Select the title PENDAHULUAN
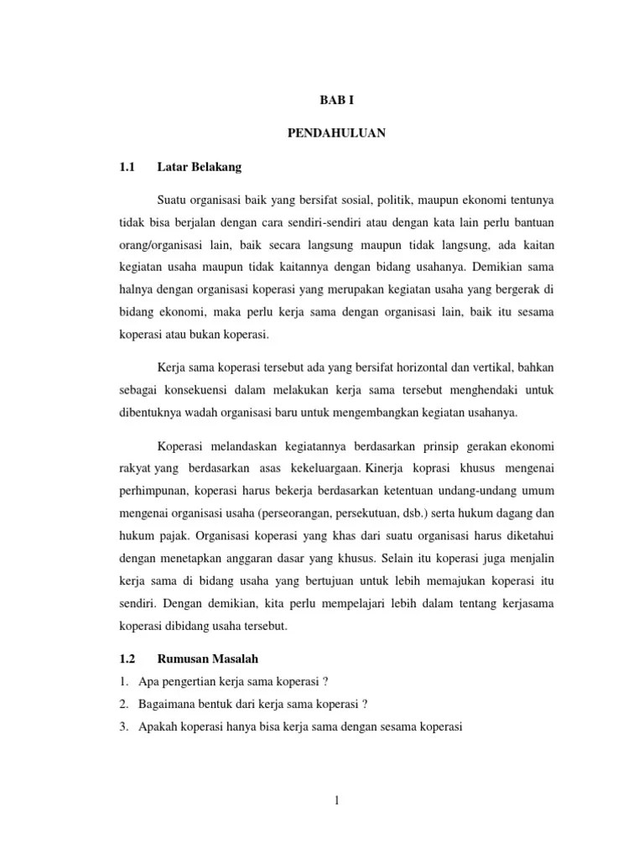click(336, 133)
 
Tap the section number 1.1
click(127, 167)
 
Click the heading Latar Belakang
click(199, 167)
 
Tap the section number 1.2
click(127, 660)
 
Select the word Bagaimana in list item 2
click(165, 703)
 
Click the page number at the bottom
click(336, 800)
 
